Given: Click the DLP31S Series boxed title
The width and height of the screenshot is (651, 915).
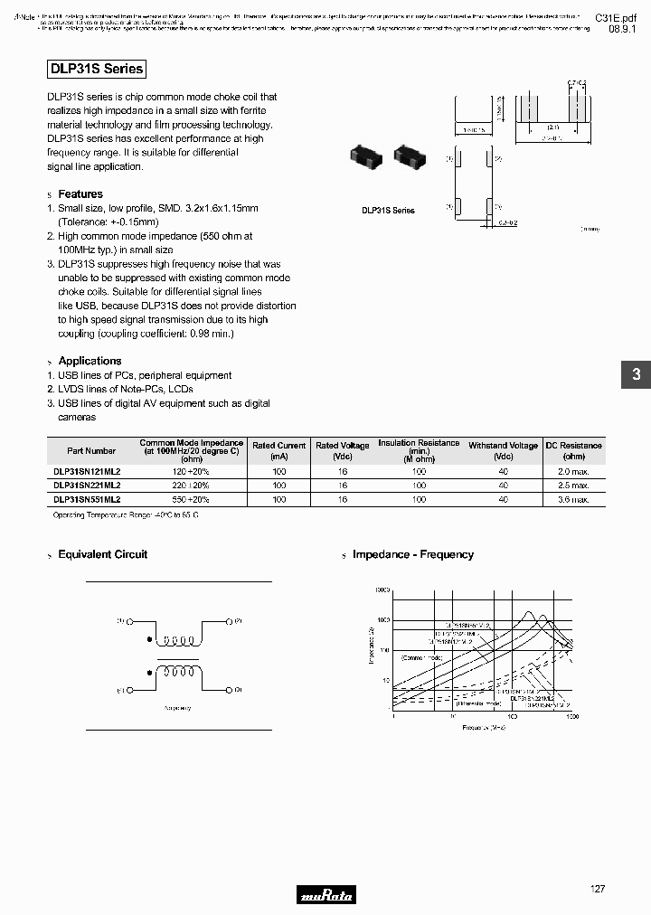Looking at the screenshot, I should point(95,69).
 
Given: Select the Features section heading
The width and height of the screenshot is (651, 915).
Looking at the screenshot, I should point(80,194).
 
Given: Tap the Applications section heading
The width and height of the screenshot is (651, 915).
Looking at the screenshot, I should point(90,361).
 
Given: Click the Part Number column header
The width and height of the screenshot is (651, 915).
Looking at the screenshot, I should point(91,450).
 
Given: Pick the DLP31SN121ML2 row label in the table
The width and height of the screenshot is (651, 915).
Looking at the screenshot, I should point(87,472).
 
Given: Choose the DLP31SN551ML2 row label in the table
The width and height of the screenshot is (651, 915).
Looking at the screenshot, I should point(87,499).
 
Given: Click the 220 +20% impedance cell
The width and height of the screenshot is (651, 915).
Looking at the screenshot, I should point(191,486).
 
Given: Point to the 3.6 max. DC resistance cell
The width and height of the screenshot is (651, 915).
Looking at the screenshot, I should point(573,499).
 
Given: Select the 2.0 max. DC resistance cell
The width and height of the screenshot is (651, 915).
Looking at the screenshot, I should point(573,472).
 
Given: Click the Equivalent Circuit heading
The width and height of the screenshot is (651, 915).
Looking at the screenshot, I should point(102,554).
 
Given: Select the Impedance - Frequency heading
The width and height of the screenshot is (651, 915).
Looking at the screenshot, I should point(412,554).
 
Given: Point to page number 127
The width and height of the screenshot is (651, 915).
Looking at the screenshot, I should point(597,890).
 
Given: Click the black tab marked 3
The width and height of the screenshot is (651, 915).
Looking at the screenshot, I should point(636,374).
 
